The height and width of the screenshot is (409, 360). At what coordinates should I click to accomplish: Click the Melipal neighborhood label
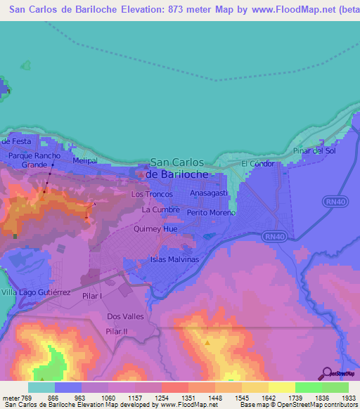point(85,161)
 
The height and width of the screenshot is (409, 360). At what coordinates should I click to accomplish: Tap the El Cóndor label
point(257,164)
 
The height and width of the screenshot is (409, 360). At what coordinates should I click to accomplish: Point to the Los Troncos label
point(149,193)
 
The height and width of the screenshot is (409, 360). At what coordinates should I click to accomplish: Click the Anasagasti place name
point(210,193)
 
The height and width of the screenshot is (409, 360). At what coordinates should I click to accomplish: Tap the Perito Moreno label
point(211,212)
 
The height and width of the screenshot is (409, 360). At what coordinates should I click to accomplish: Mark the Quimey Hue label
point(155,228)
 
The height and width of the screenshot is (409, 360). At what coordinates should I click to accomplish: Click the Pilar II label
point(116,331)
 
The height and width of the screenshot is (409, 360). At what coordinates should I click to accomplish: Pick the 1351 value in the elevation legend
point(188,397)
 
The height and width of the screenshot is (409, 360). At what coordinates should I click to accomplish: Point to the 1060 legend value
point(108,397)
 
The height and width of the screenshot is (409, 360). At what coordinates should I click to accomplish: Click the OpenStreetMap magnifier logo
point(328,373)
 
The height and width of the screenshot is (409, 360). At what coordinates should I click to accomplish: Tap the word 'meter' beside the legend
point(10,397)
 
